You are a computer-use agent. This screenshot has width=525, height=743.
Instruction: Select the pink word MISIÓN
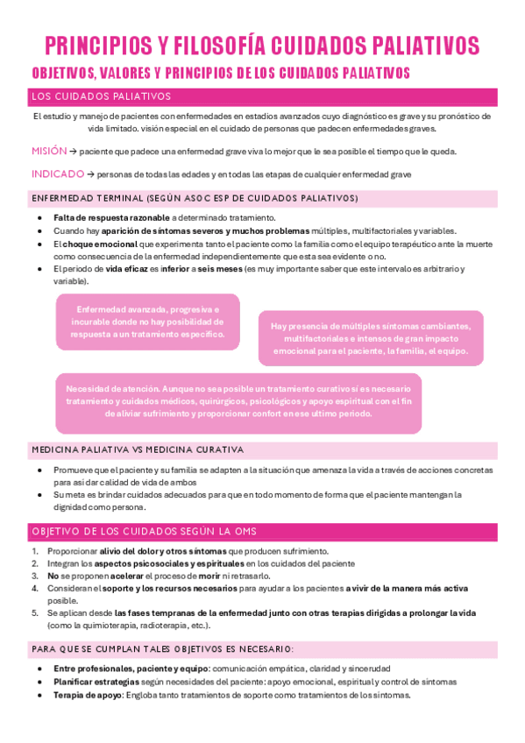click(48, 151)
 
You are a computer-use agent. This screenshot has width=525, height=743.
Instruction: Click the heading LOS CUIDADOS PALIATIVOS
click(101, 96)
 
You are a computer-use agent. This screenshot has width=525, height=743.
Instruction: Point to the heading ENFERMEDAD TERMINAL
click(87, 198)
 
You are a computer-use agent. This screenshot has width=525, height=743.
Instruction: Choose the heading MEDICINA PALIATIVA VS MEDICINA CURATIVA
click(138, 450)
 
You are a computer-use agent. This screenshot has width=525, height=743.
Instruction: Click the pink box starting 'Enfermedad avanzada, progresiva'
click(147, 322)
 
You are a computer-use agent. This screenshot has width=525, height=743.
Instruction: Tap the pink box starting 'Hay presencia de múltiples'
click(370, 338)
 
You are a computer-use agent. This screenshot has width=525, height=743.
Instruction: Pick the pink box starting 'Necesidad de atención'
click(238, 400)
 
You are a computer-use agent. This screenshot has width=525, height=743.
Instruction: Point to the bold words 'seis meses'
click(217, 269)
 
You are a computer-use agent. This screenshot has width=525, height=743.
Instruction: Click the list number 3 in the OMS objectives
click(34, 576)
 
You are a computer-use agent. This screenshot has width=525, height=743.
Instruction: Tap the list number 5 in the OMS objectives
click(34, 613)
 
